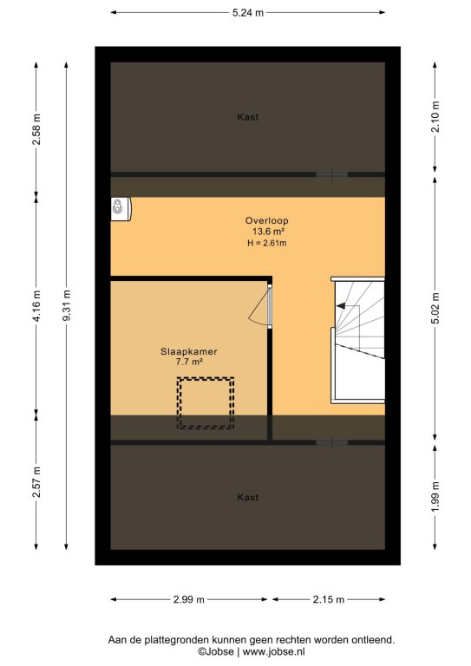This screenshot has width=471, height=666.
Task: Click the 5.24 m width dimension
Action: [247, 13]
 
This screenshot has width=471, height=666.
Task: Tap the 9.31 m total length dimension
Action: [67, 306]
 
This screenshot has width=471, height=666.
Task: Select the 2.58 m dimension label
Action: [36, 129]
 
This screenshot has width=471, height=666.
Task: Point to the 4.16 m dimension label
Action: [36, 306]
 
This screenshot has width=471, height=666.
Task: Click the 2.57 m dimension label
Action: [36, 481]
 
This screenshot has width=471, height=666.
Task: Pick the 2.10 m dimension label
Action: [435, 117]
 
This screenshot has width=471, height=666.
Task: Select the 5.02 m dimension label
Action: [435, 309]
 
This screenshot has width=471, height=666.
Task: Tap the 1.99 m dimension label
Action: [435, 497]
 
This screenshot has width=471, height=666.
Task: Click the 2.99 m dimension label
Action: [188, 600]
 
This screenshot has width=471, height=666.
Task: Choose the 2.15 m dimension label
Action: [328, 600]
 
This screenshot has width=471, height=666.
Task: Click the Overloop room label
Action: [266, 220]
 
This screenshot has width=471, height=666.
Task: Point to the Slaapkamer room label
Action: [188, 352]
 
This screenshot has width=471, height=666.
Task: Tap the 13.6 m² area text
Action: [268, 232]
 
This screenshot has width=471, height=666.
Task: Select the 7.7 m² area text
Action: [188, 362]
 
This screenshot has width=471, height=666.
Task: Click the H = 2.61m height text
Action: [266, 243]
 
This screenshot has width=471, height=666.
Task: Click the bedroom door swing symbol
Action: [260, 307]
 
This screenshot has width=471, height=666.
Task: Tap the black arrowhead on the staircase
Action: [341, 305]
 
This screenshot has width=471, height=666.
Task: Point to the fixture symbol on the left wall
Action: [121, 209]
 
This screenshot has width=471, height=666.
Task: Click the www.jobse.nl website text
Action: [273, 651]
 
